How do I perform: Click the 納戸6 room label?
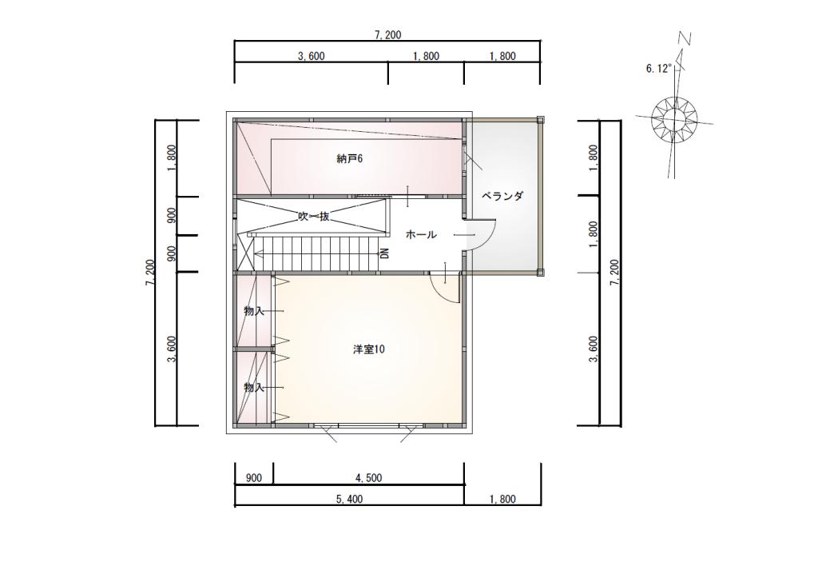(x=350, y=159)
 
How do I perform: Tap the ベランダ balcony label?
(x=502, y=197)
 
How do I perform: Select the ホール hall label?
(x=421, y=235)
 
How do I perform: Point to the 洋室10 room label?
(x=369, y=349)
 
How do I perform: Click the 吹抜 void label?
(x=313, y=216)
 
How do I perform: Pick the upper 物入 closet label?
(x=254, y=311)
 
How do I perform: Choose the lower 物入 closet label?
(x=254, y=388)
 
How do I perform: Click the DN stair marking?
(x=385, y=254)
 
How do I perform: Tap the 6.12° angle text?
(x=658, y=69)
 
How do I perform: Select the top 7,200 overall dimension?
(x=387, y=35)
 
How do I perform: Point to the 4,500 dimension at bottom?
(x=369, y=478)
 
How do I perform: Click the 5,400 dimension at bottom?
(x=349, y=499)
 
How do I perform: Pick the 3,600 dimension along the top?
(x=311, y=57)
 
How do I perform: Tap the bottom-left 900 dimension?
(x=254, y=478)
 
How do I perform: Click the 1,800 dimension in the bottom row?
(x=502, y=499)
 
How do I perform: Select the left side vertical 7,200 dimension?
(x=151, y=273)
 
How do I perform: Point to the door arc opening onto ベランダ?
(x=484, y=237)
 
